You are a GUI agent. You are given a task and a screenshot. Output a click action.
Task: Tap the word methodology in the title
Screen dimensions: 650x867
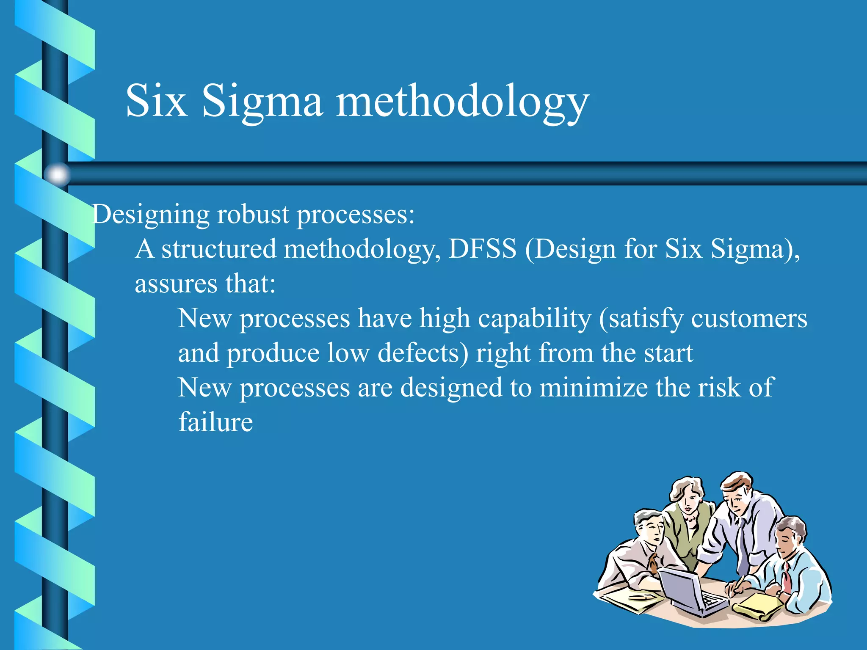pyautogui.click(x=462, y=102)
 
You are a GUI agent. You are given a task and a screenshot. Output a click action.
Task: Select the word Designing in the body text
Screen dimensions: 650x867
pyautogui.click(x=151, y=215)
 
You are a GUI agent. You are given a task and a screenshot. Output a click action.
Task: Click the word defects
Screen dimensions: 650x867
pyautogui.click(x=422, y=353)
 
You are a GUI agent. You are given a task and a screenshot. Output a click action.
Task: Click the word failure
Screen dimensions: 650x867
pyautogui.click(x=215, y=422)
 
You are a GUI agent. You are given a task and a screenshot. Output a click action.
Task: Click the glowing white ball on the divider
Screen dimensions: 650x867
pyautogui.click(x=57, y=174)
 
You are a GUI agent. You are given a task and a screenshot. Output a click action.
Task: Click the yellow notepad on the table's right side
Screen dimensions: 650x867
pyautogui.click(x=758, y=606)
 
